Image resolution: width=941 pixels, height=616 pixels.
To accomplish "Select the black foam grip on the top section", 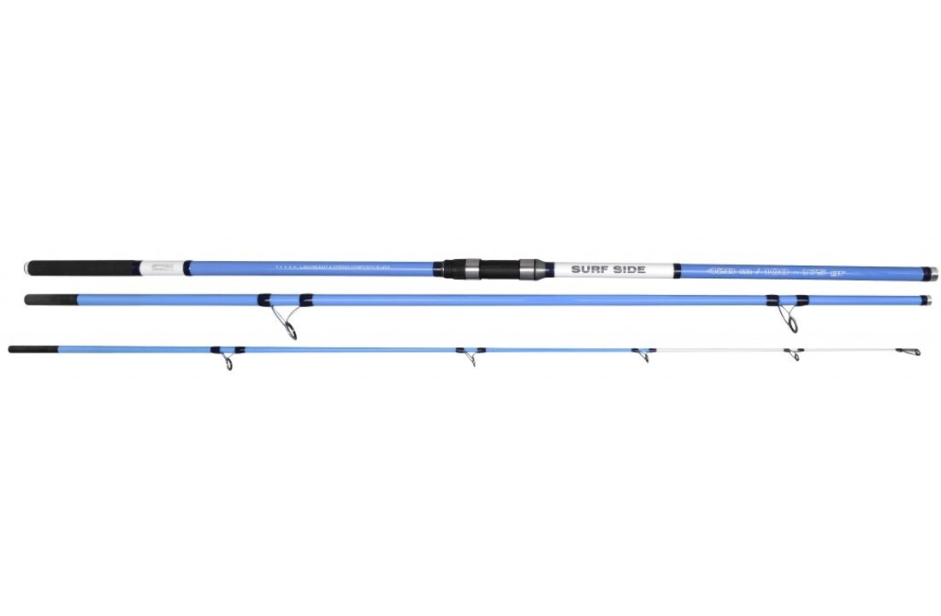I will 86,268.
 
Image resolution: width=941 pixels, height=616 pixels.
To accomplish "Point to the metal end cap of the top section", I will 932,273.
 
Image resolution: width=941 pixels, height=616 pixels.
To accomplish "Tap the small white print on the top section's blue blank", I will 342,268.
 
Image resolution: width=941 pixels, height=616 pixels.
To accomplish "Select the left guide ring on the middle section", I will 289,329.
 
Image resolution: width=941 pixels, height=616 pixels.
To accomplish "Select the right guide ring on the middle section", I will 792,323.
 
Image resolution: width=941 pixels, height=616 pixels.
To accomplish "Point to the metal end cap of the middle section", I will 925,300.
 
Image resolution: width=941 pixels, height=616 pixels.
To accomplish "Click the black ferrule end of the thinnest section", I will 33,349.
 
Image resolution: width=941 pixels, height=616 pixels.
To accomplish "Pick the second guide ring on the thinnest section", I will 470,360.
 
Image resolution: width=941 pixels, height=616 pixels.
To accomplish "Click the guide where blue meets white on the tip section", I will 643,357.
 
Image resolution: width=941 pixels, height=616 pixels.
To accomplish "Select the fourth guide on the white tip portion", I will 795,354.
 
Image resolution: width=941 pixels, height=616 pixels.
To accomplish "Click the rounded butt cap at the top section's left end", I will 27,268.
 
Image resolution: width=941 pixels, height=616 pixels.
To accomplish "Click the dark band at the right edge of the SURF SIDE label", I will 676,270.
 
